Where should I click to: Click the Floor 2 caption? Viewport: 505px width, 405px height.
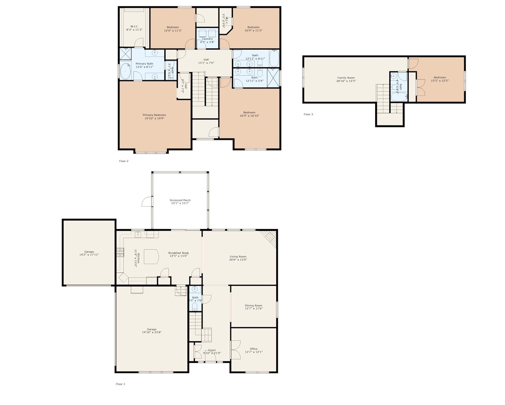pos(124,161)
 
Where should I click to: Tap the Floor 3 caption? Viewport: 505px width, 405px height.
pos(308,114)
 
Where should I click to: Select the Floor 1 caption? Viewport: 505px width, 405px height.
pos(120,384)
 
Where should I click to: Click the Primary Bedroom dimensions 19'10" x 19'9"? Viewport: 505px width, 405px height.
pos(154,118)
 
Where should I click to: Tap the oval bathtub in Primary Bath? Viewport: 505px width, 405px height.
pos(126,71)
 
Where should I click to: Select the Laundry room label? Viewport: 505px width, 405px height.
pos(207,39)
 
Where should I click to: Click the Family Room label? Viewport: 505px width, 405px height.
pos(346,78)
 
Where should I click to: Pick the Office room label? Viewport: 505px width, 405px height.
pos(254,349)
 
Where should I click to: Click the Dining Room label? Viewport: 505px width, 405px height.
pos(254,306)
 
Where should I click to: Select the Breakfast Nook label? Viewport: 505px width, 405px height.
pos(178,253)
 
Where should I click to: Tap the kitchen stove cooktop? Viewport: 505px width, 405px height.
pos(120,252)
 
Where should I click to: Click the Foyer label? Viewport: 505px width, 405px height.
pos(212,350)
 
